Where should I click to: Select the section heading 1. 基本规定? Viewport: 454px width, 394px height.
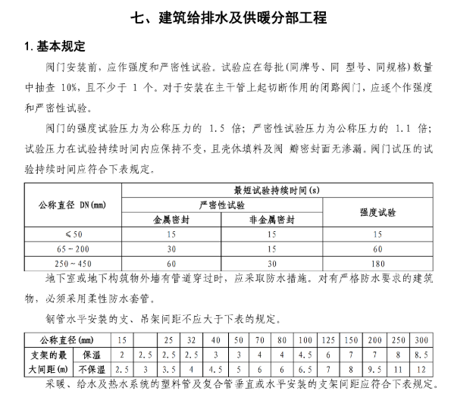(x=52, y=48)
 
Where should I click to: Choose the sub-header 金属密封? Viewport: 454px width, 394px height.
(x=171, y=220)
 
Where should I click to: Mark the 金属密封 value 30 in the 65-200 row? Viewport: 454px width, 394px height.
(x=171, y=249)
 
